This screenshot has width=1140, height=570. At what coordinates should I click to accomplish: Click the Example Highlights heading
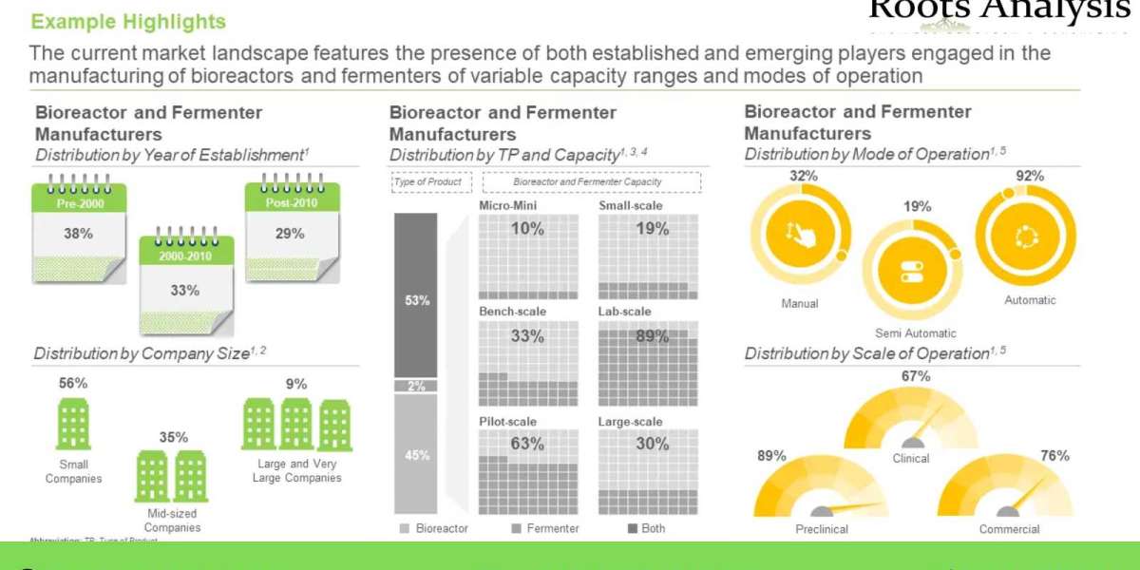128,21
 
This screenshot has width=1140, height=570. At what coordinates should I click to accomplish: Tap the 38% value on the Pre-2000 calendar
79,234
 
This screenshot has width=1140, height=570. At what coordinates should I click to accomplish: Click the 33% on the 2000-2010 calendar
185,291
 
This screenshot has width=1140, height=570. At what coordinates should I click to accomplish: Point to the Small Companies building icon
73,424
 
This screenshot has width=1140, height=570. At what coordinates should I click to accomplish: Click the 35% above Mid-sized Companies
173,438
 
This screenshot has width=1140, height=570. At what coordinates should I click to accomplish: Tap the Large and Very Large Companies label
297,470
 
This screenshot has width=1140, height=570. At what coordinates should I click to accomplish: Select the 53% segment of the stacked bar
416,300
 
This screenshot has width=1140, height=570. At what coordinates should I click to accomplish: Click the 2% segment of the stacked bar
416,386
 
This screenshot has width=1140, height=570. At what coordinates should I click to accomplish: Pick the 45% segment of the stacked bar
416,455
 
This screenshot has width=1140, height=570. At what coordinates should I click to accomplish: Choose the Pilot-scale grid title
508,421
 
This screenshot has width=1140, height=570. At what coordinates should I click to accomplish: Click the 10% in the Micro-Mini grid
527,228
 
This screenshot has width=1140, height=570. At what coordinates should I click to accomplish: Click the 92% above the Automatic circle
1030,176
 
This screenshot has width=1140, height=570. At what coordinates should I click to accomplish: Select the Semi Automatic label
915,333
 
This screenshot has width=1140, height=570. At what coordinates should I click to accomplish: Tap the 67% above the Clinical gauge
916,376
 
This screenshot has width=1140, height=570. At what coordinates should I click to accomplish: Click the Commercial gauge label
1009,529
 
